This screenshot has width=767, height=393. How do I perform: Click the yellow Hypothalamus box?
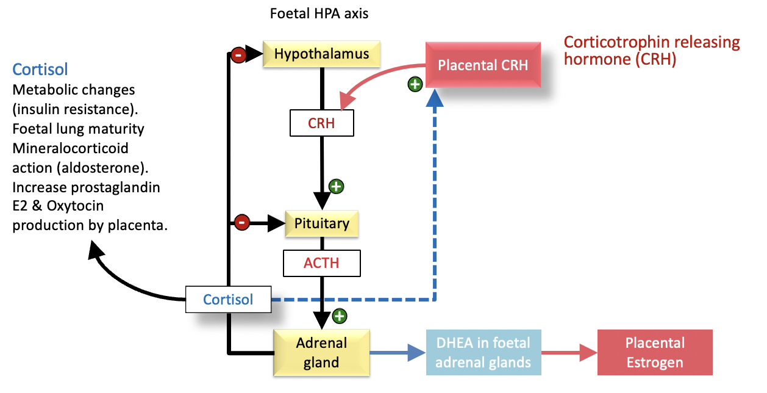321,54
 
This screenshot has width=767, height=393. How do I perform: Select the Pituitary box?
322,223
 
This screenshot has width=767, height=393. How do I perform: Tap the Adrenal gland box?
321,353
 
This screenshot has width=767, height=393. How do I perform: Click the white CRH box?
321,123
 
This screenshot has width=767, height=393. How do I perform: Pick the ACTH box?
321,263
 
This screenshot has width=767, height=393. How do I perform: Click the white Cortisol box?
229,300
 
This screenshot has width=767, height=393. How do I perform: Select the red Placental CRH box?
483,65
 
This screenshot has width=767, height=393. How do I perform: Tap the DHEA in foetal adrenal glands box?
483,353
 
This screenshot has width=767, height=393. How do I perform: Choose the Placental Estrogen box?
655,353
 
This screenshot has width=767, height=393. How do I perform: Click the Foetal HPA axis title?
319,13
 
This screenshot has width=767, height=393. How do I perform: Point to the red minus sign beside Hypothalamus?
238,55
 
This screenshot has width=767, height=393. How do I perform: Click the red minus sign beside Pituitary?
241,223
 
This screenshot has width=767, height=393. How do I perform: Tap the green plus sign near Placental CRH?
415,84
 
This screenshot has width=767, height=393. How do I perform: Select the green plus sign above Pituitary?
336,187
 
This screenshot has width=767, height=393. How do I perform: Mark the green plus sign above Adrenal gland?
340,316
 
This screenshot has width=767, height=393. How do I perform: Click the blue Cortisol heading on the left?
40,70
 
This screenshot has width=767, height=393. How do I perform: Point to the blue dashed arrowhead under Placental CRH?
435,98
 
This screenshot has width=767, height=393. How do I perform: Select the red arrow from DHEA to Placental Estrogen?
569,353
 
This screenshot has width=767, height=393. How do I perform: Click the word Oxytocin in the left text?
76,206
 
